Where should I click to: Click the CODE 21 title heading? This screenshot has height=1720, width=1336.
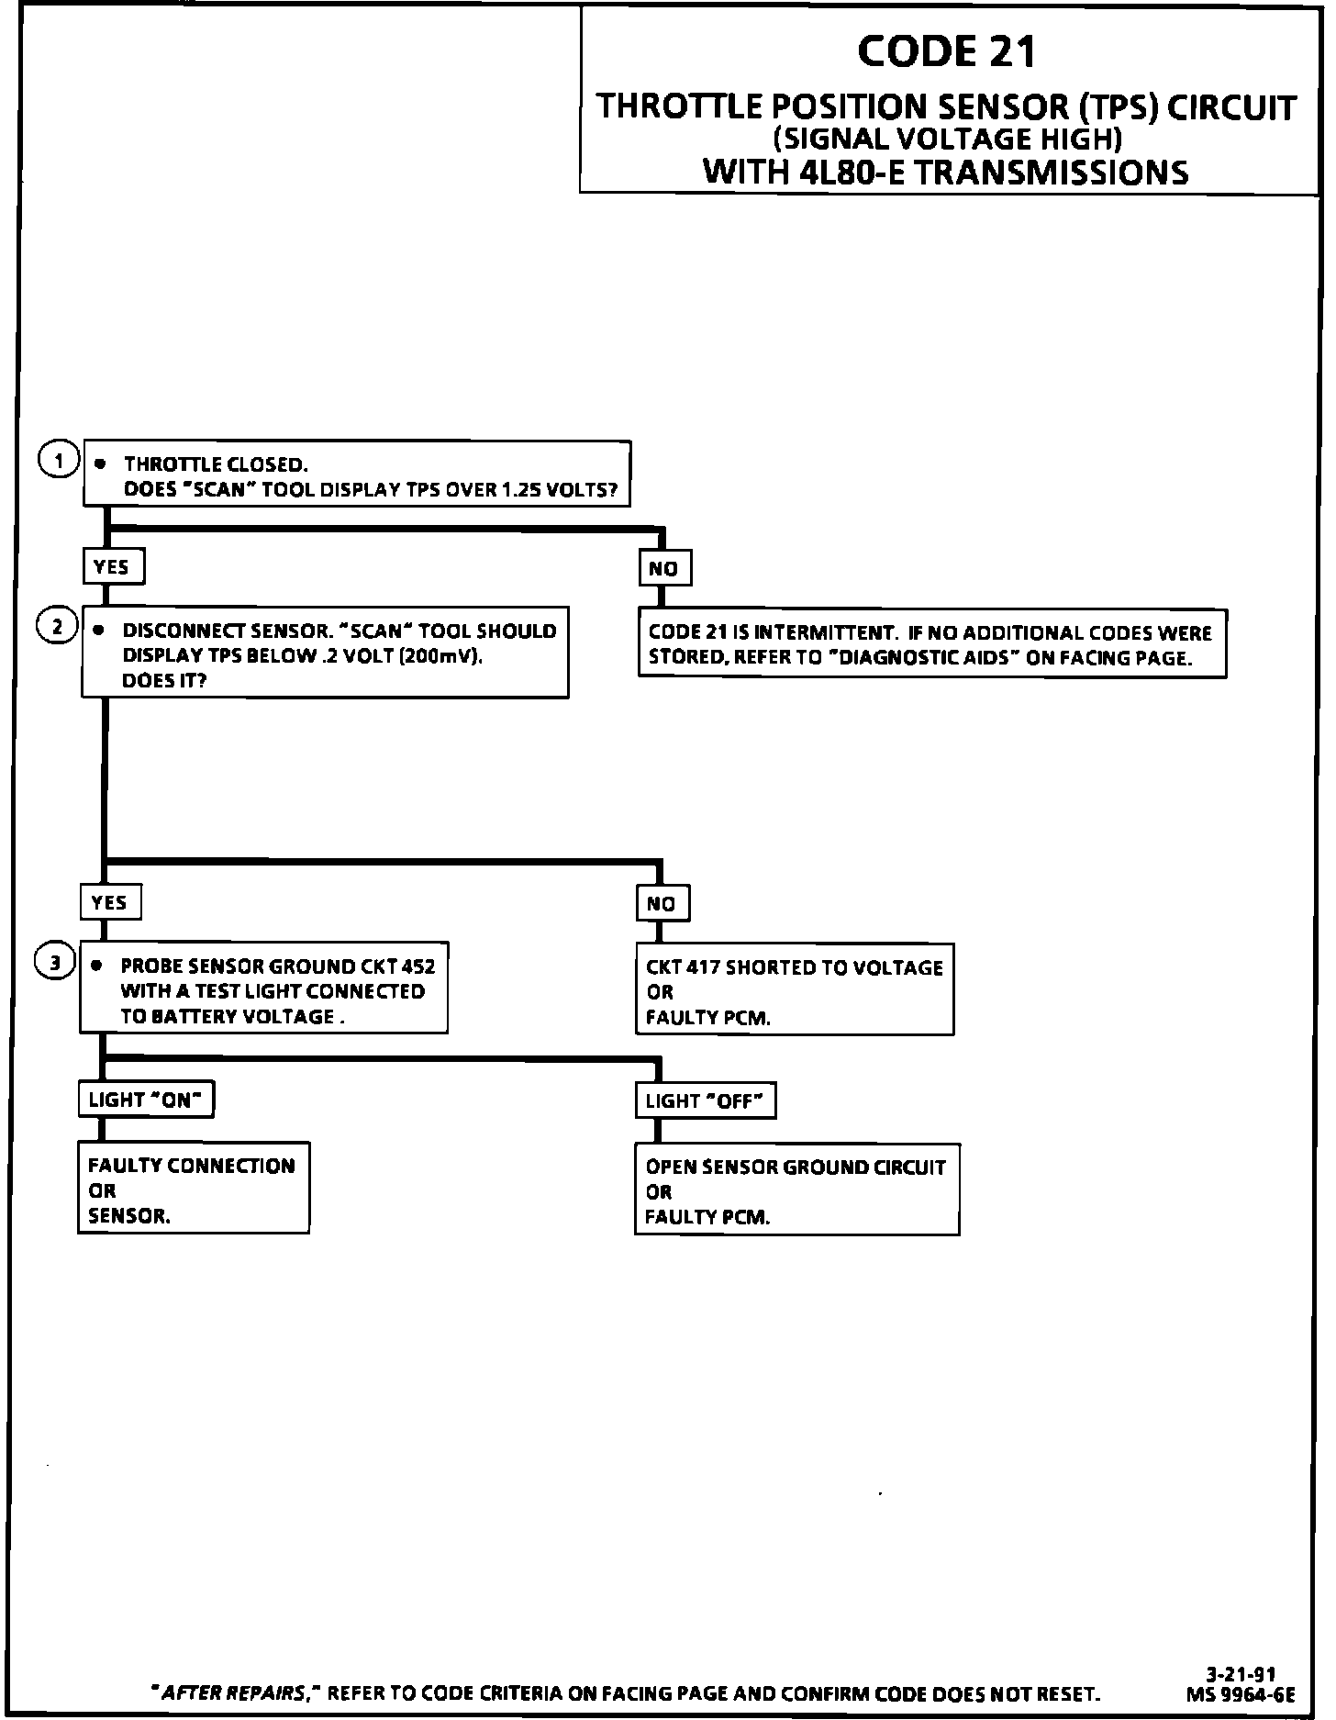(x=947, y=51)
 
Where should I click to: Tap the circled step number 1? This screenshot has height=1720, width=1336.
(x=59, y=461)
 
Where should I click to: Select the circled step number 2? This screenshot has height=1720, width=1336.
(x=56, y=627)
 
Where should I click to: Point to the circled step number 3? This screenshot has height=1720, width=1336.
(x=54, y=962)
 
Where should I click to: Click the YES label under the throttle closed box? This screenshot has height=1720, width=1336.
(x=113, y=567)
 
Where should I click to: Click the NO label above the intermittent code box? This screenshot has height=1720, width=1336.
(x=664, y=569)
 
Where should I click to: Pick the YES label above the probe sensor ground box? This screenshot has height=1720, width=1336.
(x=110, y=902)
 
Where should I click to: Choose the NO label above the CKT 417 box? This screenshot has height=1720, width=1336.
(x=662, y=904)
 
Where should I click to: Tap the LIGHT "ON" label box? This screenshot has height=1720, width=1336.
(x=146, y=1100)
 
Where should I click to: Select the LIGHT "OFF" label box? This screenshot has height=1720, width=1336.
(x=705, y=1101)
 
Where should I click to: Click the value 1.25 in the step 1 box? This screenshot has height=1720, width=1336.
(x=520, y=489)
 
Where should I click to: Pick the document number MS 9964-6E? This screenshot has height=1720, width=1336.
(x=1240, y=1694)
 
